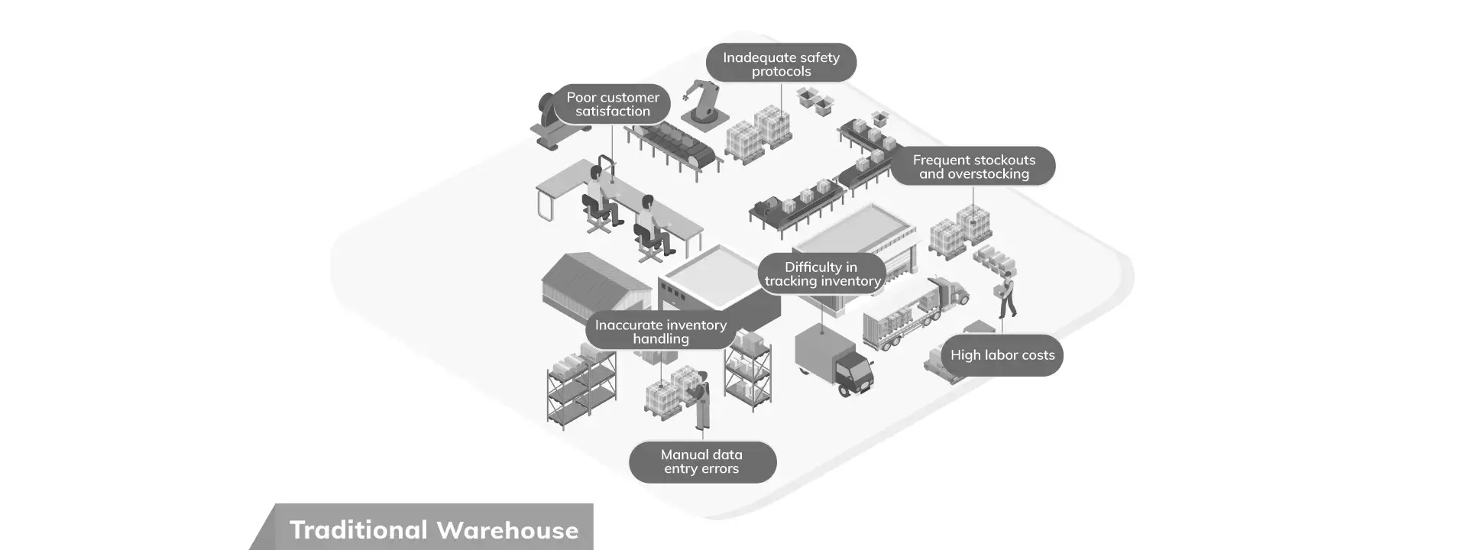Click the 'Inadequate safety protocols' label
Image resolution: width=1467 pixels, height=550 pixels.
point(780,63)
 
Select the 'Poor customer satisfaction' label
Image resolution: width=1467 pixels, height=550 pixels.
point(612,104)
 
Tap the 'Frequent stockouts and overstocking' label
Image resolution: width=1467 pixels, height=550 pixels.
point(973,167)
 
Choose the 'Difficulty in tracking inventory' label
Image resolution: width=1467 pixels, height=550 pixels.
point(821,273)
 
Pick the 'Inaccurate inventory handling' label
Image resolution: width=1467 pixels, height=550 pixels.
point(660,332)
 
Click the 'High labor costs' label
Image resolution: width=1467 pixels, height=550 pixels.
point(1002,355)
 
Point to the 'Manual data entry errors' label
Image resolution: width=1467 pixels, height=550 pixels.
point(701,461)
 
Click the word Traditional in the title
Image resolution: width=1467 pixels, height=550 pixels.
point(358,530)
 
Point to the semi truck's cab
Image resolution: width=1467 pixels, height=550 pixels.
point(955,290)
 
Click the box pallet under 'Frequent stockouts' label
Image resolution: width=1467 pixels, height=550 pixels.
point(961,231)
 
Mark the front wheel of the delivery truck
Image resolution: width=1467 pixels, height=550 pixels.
point(845,390)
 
